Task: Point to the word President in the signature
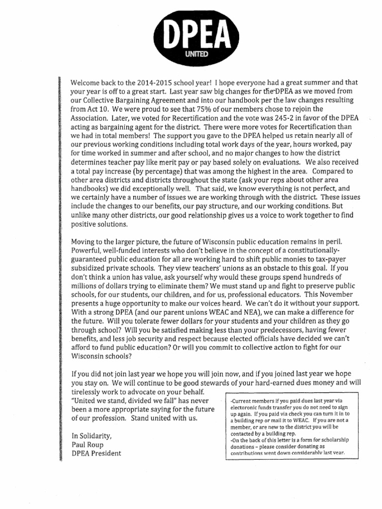[x=105, y=453]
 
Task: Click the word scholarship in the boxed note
[x=335, y=440]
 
